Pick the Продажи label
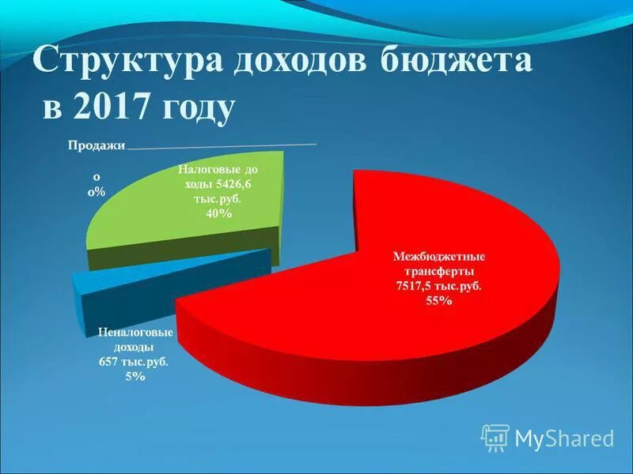coord(96,145)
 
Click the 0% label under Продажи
coord(95,192)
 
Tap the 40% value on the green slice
coord(218,215)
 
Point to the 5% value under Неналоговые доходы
coord(134,377)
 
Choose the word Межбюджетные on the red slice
coord(439,256)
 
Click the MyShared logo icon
coord(495,437)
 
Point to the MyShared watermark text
coord(564,438)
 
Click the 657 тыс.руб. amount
coord(133,362)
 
